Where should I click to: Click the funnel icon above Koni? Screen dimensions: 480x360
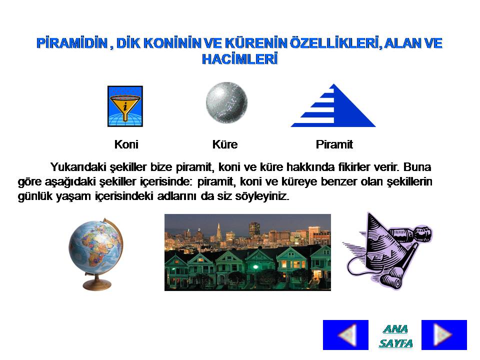click(125, 106)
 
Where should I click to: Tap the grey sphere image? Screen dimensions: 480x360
click(226, 102)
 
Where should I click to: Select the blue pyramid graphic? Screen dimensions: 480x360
click(333, 105)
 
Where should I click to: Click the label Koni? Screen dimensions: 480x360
click(126, 144)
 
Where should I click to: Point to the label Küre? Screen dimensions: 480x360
click(225, 144)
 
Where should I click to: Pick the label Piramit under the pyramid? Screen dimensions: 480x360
click(334, 144)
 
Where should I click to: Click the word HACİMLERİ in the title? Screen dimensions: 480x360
click(239, 59)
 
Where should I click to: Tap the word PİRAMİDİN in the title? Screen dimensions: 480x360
click(72, 43)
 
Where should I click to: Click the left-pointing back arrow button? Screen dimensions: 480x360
click(345, 335)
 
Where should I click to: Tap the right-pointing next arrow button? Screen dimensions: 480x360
click(444, 335)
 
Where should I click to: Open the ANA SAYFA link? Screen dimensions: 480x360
click(395, 336)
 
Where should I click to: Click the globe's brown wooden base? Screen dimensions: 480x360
click(96, 285)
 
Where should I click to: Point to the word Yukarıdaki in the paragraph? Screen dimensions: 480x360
click(78, 167)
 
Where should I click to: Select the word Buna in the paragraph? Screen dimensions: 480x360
click(417, 167)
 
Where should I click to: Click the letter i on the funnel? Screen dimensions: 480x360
click(125, 107)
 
